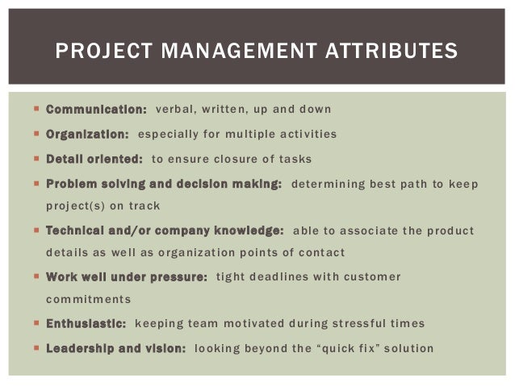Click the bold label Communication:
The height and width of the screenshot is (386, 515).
pos(96,109)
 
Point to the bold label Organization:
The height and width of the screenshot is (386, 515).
pos(87,134)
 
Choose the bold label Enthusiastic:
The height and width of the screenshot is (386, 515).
pos(86,324)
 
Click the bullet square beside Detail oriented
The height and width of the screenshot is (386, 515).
pos(38,159)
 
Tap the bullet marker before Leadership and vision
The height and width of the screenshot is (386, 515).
pos(38,349)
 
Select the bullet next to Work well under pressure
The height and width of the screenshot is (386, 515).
pos(38,277)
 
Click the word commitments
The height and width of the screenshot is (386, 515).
pos(88,299)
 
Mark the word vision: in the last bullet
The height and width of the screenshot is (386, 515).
pos(165,349)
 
